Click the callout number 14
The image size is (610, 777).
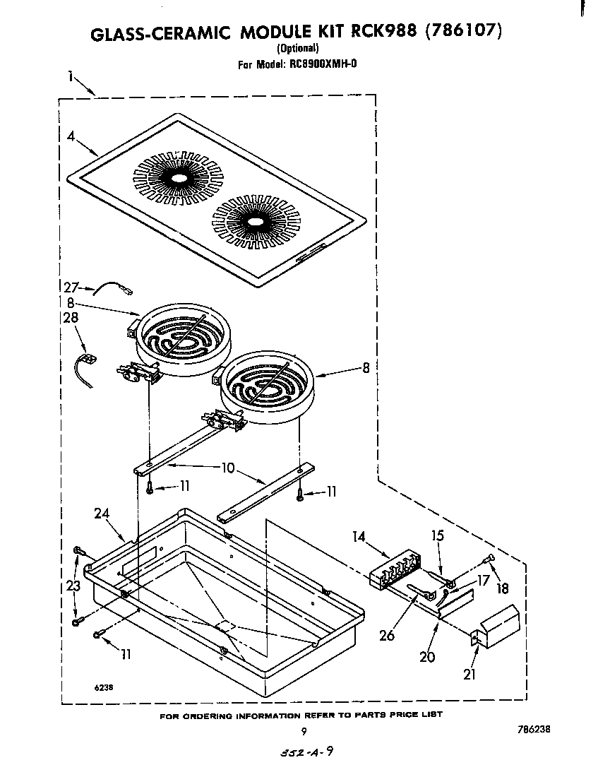pos(359,537)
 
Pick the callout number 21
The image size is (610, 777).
pos(470,674)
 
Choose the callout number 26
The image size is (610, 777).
pos(386,635)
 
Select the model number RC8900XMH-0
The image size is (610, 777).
pos(322,64)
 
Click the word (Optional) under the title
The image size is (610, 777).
pos(297,49)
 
